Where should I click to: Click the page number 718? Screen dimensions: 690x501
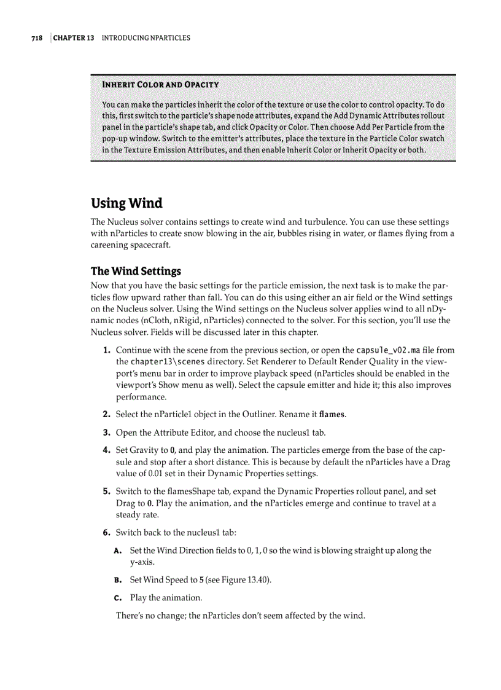click(37, 38)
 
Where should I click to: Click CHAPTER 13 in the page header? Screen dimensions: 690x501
click(74, 38)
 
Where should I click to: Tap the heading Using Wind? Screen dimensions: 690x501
click(126, 203)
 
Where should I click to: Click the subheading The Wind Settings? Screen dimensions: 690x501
click(136, 271)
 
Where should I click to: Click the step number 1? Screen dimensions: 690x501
click(106, 351)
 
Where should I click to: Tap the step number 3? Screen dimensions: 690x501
click(106, 433)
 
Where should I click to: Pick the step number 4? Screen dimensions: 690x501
click(106, 450)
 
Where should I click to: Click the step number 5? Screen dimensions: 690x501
click(106, 492)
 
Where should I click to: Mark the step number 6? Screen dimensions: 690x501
click(106, 532)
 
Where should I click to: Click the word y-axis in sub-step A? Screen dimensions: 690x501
click(142, 562)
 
